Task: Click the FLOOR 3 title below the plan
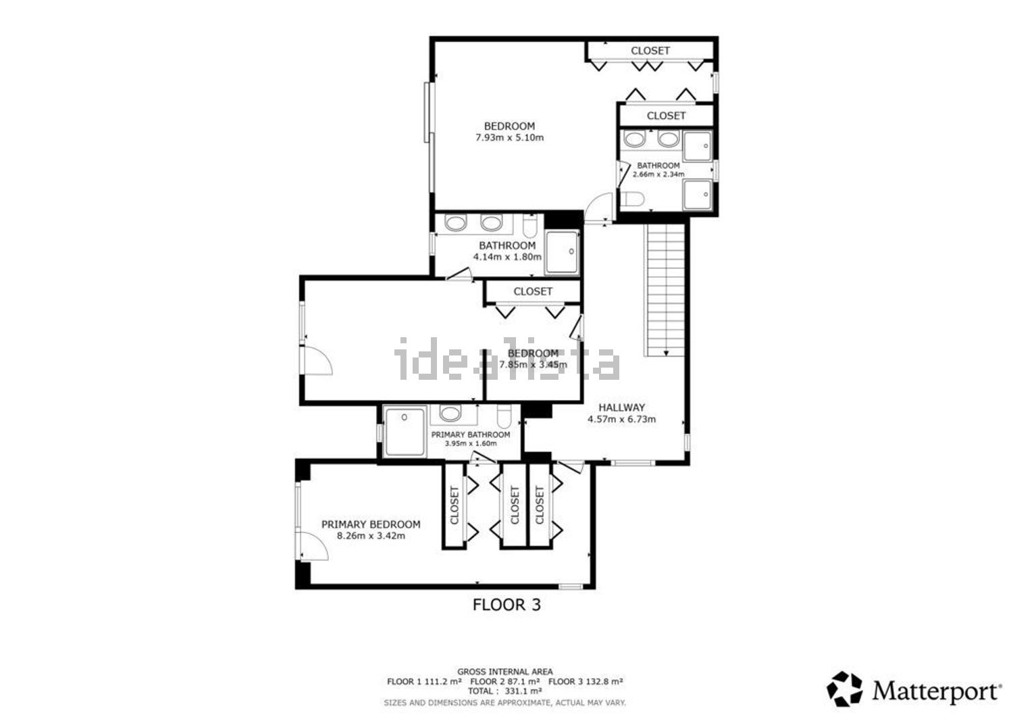pyautogui.click(x=506, y=605)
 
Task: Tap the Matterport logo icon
pyautogui.click(x=844, y=689)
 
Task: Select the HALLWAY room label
pyautogui.click(x=621, y=407)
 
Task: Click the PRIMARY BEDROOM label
pyautogui.click(x=371, y=524)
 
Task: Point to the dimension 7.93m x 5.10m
pyautogui.click(x=509, y=138)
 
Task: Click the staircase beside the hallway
pyautogui.click(x=665, y=290)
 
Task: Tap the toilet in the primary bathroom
pyautogui.click(x=504, y=416)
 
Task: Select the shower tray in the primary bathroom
pyautogui.click(x=405, y=431)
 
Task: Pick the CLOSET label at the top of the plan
pyautogui.click(x=650, y=51)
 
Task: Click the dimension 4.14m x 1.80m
pyautogui.click(x=507, y=257)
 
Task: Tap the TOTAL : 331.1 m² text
pyautogui.click(x=504, y=691)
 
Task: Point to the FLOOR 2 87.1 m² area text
pyautogui.click(x=504, y=682)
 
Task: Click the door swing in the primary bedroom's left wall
pyautogui.click(x=314, y=546)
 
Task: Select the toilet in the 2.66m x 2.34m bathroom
pyautogui.click(x=632, y=199)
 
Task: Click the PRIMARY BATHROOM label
pyautogui.click(x=470, y=435)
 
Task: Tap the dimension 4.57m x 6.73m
pyautogui.click(x=621, y=419)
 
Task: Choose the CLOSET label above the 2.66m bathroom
pyautogui.click(x=666, y=116)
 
